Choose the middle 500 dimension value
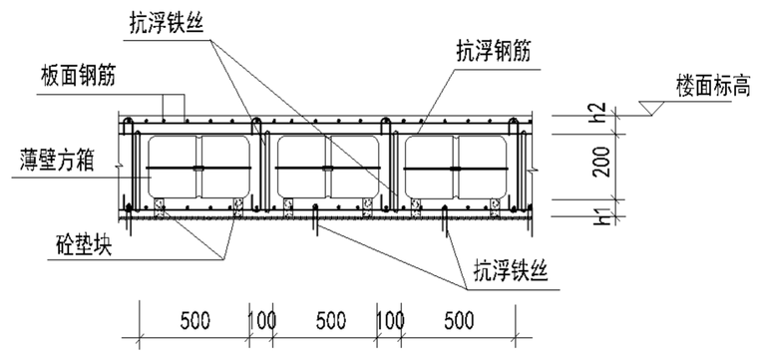coord(329,322)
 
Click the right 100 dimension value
coord(391,322)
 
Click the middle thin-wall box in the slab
coord(327,167)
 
